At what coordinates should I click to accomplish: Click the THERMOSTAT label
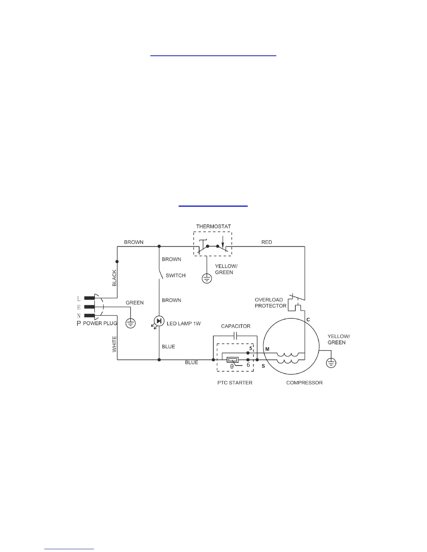pos(213,227)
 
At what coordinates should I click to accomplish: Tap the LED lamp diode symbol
pos(159,321)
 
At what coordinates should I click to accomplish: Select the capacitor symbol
pos(235,336)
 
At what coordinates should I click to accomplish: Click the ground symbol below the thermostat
pos(207,278)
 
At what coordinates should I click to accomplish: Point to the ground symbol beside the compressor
pos(331,363)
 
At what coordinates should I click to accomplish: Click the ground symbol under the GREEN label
pos(130,323)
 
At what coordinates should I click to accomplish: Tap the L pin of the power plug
pos(89,298)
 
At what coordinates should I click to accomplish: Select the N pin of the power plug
pos(89,316)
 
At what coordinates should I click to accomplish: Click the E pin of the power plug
pos(89,307)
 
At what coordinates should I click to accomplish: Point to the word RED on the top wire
pos(267,242)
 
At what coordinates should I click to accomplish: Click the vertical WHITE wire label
pos(114,344)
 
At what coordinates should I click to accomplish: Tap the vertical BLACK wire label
pos(114,278)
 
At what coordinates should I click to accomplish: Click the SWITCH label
pos(175,276)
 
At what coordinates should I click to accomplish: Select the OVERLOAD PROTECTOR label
pos(270,303)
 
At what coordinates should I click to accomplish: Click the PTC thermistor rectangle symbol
pos(233,360)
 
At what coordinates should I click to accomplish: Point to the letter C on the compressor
pos(308,320)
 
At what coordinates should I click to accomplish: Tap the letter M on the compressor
pos(267,349)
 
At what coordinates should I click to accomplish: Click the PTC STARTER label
pos(235,383)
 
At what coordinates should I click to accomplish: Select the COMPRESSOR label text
pos(304,383)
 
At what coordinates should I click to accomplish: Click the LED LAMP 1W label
pos(183,324)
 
